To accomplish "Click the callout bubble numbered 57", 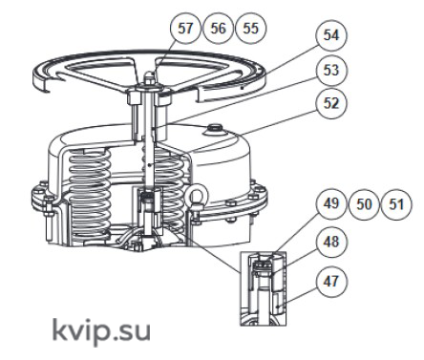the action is [186, 28].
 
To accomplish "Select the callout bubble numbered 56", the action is [219, 28].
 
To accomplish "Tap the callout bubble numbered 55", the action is [251, 28].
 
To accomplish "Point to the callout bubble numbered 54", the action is [331, 34].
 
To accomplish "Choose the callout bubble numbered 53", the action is [331, 70].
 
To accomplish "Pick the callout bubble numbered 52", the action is [331, 103].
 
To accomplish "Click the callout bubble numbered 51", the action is [396, 203].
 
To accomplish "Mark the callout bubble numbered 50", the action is [364, 203].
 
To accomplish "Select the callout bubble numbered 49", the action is [331, 203].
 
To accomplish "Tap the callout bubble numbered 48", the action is [331, 242].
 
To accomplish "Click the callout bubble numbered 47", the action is [331, 281].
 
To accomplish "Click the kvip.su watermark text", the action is [101, 331].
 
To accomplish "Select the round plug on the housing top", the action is [215, 129].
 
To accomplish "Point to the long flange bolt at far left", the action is [49, 220].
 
